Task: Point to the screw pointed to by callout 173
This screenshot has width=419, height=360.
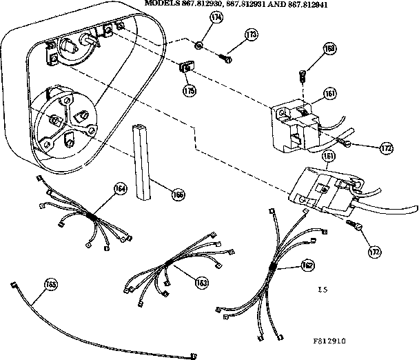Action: (x=225, y=58)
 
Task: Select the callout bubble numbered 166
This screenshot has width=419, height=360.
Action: (x=178, y=194)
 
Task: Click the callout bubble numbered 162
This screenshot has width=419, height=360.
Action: (x=305, y=263)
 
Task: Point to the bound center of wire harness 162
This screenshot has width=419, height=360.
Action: (x=274, y=266)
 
